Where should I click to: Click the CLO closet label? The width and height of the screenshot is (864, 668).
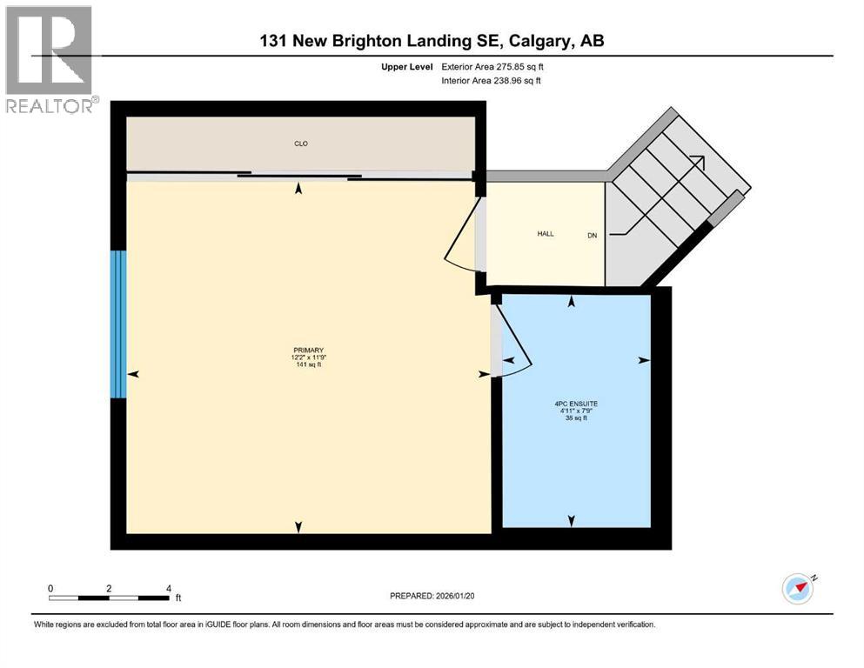coord(300,144)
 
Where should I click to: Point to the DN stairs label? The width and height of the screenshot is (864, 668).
coord(593,235)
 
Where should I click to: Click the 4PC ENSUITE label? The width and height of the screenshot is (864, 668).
coord(577,403)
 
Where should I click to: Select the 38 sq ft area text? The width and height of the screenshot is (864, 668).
coord(577,417)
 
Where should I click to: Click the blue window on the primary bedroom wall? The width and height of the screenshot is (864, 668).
coord(118,324)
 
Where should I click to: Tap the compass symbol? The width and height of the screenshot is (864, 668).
coord(797,589)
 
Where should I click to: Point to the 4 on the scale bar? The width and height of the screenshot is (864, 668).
coord(167,588)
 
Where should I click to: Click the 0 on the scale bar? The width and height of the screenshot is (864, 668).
coord(51,588)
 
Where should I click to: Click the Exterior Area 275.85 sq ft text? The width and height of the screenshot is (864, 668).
coord(493,66)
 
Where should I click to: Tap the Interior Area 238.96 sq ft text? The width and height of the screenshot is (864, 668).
coord(492,81)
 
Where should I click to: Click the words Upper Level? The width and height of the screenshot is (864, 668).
coord(407,66)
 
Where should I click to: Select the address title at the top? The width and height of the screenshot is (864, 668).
coord(431,40)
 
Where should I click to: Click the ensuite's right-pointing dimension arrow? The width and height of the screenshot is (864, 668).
coord(644,360)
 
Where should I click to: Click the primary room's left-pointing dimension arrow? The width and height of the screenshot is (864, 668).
coord(133,373)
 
